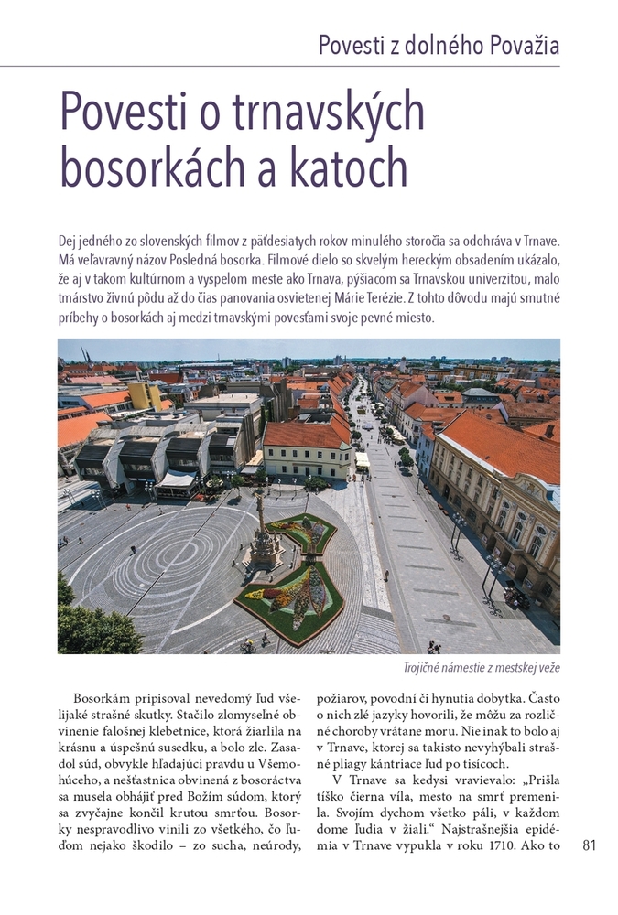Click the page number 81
tap(589, 845)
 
